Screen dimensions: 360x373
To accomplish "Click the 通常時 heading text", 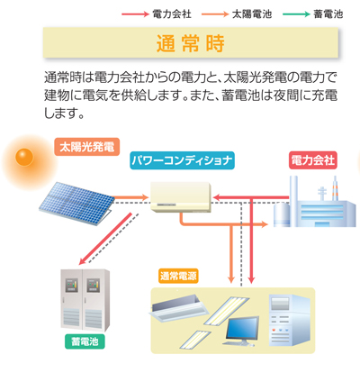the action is coord(190,43).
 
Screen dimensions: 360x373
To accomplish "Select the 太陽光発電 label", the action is coord(86,147).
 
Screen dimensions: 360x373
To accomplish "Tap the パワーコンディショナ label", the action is coord(182,160).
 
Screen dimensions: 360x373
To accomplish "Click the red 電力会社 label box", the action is coord(313,160).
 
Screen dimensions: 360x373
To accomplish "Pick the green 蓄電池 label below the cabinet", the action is coord(85,341).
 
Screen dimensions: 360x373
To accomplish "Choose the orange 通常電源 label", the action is coord(178,276).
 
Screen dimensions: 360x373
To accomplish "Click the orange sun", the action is coord(24,157).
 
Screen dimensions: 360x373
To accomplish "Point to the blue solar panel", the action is coord(76,203).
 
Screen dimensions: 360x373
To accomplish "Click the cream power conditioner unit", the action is coord(181,197).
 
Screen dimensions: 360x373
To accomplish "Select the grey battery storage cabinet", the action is coord(85,300).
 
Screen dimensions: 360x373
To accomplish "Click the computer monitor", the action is coord(242,331).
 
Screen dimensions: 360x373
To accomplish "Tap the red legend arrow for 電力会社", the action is coord(135,14).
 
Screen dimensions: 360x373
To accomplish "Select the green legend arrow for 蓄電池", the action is coord(296,14).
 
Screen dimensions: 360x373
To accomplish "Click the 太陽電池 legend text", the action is coord(252,14).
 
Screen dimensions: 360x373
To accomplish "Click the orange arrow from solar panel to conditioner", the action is coord(130,197).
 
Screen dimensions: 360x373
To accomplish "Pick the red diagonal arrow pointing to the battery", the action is coord(105,239).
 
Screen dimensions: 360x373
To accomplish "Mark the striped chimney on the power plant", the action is coord(335,188).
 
